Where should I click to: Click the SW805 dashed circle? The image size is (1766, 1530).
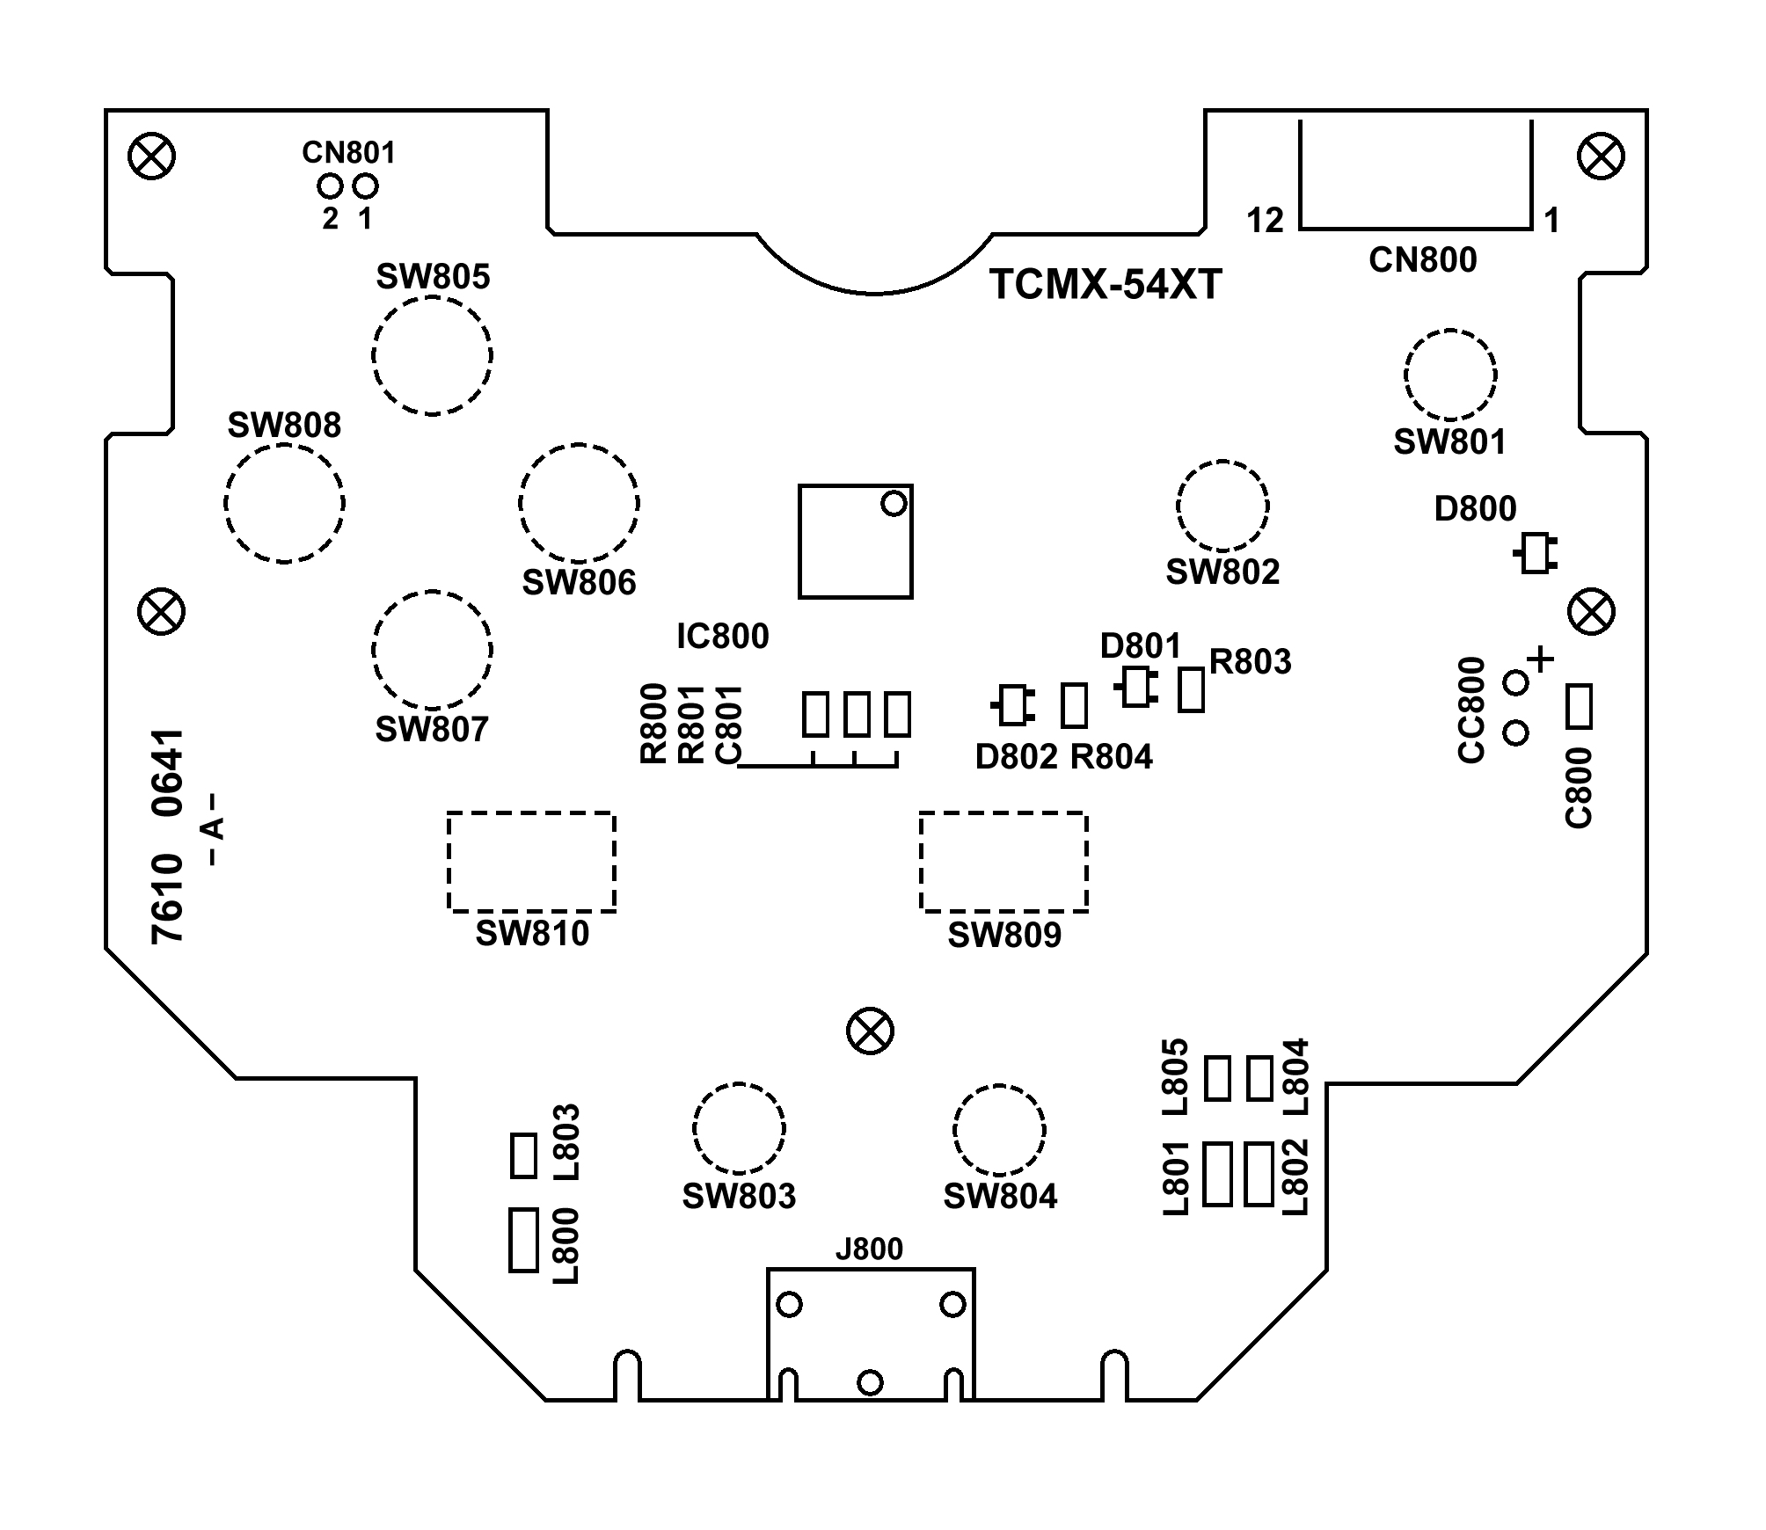point(432,297)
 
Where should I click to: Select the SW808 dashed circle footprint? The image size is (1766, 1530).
point(284,445)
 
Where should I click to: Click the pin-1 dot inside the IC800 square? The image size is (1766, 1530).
point(894,504)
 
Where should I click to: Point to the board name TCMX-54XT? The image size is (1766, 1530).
point(1106,284)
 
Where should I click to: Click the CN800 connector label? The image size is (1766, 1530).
point(1423,260)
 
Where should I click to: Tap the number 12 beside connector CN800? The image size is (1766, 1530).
point(1265,221)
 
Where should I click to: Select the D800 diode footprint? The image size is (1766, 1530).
point(1536,553)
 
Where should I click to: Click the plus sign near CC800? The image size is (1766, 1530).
point(1540,659)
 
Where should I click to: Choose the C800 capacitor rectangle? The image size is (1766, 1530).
point(1580,707)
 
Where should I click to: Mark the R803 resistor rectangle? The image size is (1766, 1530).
point(1191,689)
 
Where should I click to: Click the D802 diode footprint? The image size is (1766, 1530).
point(1013,705)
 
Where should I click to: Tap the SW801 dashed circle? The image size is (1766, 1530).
point(1450,331)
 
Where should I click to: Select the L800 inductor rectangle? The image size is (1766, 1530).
point(523,1240)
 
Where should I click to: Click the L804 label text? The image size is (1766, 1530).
point(1296,1076)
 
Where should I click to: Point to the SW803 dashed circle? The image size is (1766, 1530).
point(739,1084)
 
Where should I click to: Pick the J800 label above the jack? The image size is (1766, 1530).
point(869,1249)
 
